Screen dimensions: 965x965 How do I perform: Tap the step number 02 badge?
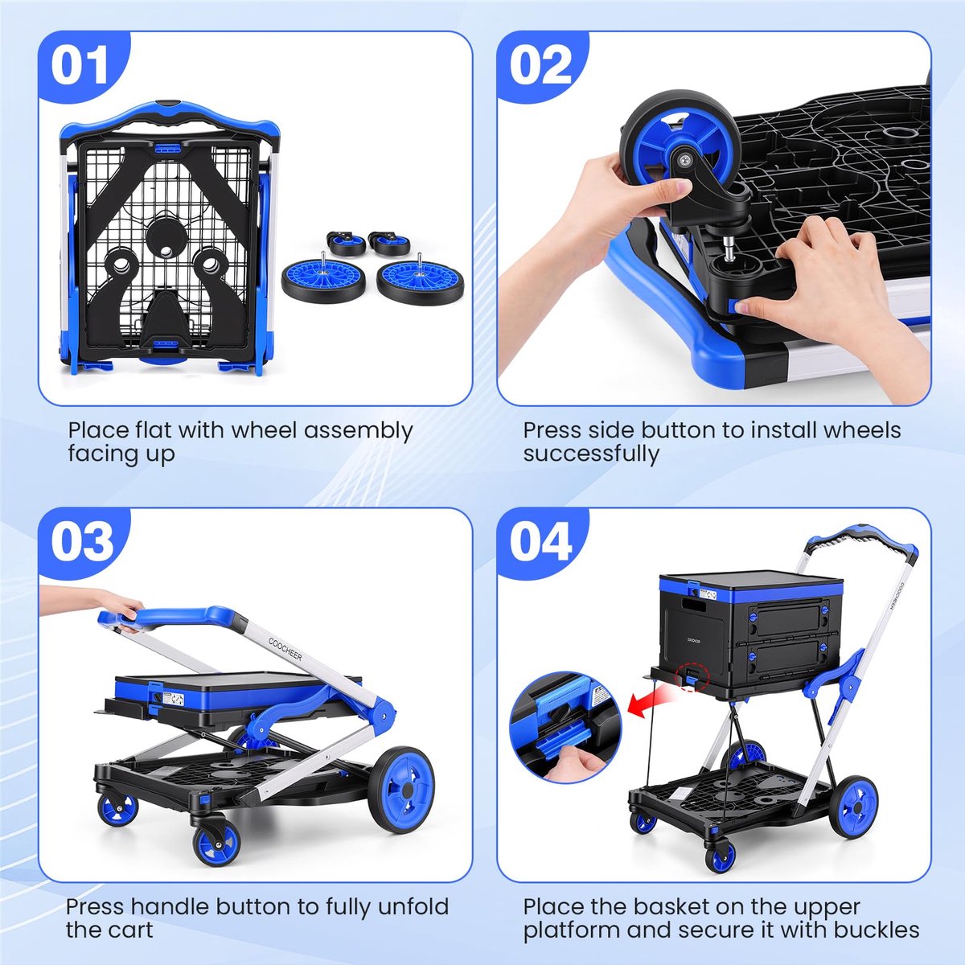point(540,66)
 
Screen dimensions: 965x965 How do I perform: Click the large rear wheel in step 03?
point(401,790)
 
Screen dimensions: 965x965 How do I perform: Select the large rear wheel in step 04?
point(853,807)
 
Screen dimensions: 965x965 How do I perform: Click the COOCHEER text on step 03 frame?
point(285,648)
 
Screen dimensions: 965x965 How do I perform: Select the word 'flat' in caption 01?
point(154,429)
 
